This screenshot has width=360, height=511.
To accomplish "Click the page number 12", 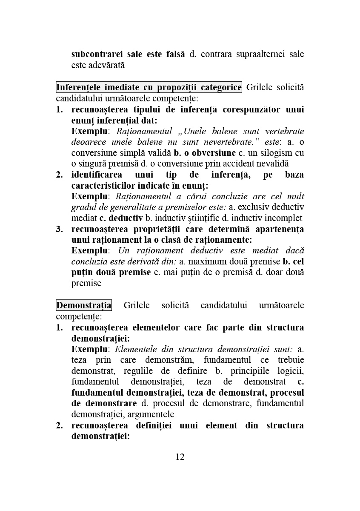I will point(180,457).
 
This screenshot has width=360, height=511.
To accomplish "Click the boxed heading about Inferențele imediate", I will point(149,87).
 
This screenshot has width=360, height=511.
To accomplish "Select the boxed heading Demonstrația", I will point(84,305).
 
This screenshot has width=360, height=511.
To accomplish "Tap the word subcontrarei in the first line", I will point(95,54).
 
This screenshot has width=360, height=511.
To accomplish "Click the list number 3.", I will point(60,229).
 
